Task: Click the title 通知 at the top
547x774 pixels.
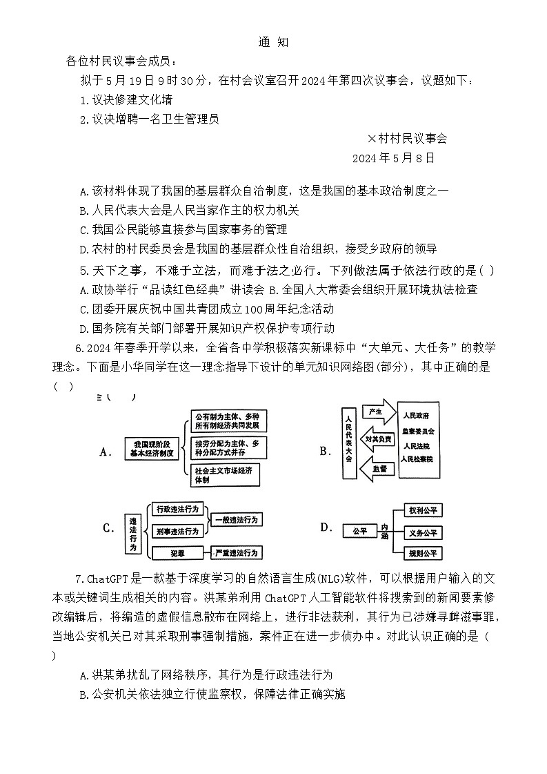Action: pyautogui.click(x=273, y=42)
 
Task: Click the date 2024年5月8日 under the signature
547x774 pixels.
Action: pyautogui.click(x=393, y=158)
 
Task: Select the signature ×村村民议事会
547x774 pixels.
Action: pyautogui.click(x=407, y=139)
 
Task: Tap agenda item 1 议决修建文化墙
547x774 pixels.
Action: pyautogui.click(x=126, y=100)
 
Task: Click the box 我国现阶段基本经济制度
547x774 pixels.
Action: pyautogui.click(x=151, y=449)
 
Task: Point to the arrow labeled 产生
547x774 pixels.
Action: pyautogui.click(x=377, y=412)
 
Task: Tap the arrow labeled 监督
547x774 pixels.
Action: pyautogui.click(x=377, y=468)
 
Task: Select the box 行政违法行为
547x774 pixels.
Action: pyautogui.click(x=177, y=509)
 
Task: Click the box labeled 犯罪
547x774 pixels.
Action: pyautogui.click(x=178, y=552)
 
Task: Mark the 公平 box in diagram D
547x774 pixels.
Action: pyautogui.click(x=359, y=531)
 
